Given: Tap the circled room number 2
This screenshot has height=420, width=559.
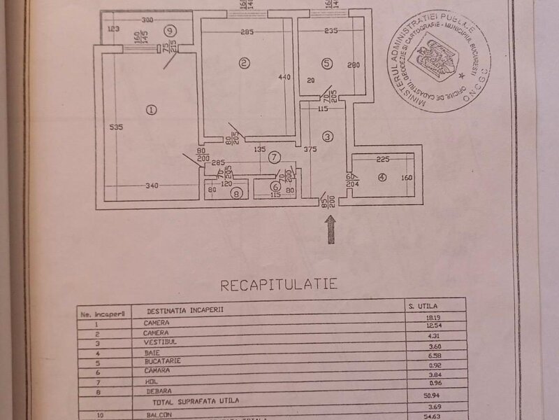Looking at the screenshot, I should [x=243, y=64].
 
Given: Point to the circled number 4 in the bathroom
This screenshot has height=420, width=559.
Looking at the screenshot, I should [x=381, y=178].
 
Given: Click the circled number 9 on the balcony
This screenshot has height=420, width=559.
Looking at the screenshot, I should [x=170, y=31].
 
